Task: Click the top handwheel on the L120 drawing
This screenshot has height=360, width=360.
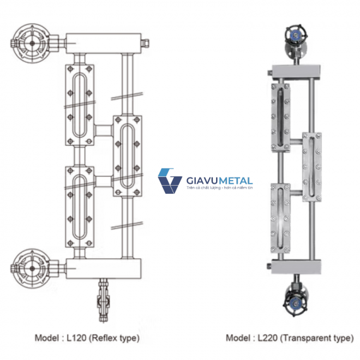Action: click(x=32, y=43)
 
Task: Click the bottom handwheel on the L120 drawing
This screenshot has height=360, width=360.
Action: click(x=32, y=268)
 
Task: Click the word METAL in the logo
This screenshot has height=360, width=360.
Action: click(x=236, y=181)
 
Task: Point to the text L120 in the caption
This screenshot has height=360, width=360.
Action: click(x=76, y=338)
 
